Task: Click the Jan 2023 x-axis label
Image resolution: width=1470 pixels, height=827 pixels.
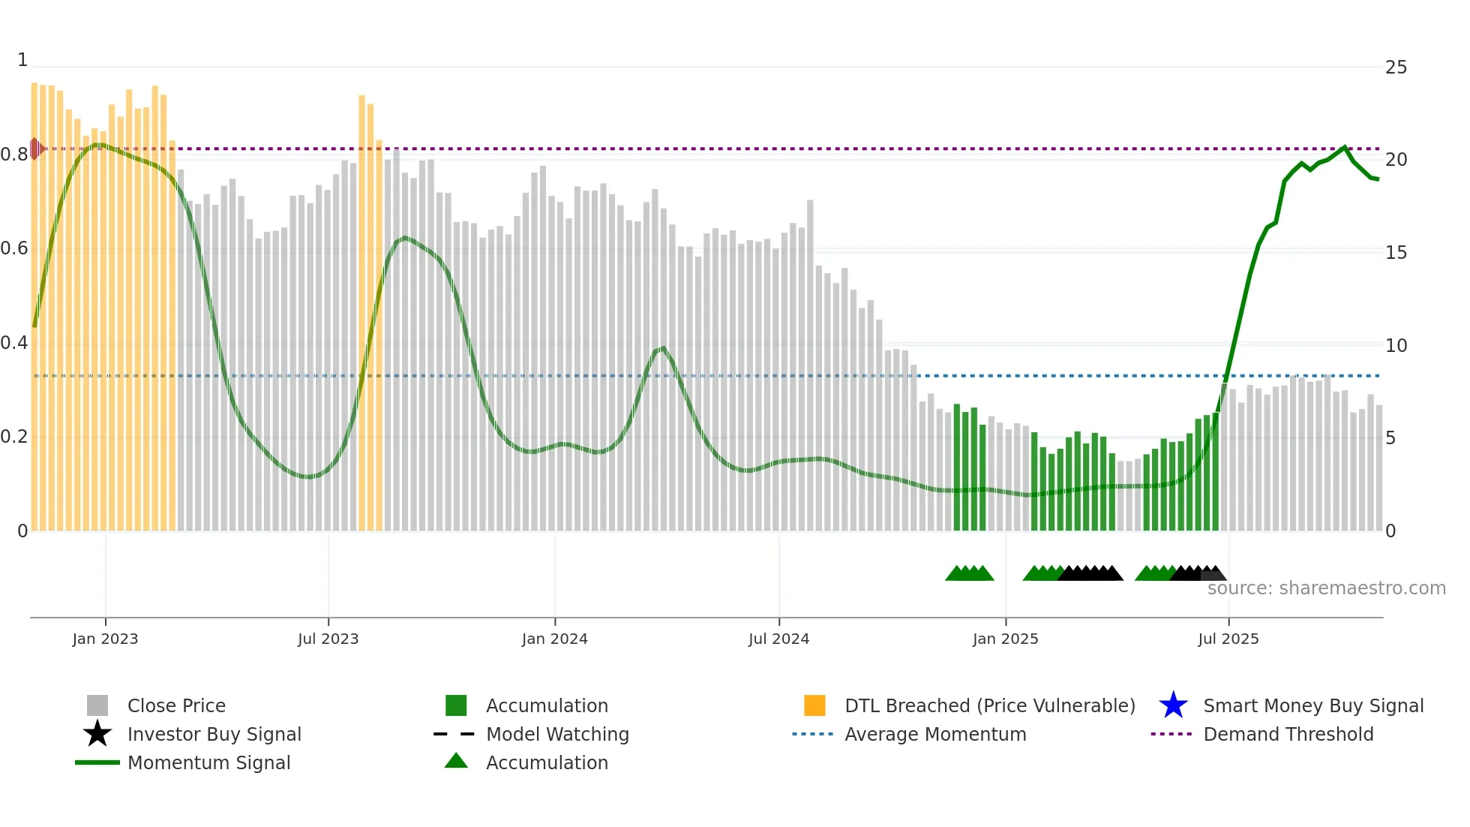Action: pyautogui.click(x=105, y=639)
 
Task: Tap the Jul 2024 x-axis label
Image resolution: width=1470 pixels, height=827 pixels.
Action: pyautogui.click(x=778, y=639)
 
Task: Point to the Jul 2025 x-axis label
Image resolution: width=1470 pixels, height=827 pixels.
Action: pyautogui.click(x=1228, y=639)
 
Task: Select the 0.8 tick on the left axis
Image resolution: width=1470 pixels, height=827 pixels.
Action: pyautogui.click(x=14, y=155)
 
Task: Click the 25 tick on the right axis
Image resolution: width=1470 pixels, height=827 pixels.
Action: pyautogui.click(x=1396, y=68)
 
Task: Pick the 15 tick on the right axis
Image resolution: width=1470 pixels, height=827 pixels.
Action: pyautogui.click(x=1396, y=253)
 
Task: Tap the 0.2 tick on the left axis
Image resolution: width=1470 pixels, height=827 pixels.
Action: pyautogui.click(x=14, y=437)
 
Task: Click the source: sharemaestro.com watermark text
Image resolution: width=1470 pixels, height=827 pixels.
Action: pyautogui.click(x=1326, y=588)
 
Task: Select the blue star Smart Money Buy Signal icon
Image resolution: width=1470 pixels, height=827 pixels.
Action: pyautogui.click(x=1173, y=705)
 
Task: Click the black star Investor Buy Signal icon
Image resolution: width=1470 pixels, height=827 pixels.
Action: pyautogui.click(x=97, y=734)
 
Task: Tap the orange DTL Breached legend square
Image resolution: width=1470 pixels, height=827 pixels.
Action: pyautogui.click(x=814, y=705)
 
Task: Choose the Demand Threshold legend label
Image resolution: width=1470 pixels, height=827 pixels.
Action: pyautogui.click(x=1288, y=734)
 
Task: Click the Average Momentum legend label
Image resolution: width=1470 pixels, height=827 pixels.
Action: pyautogui.click(x=934, y=734)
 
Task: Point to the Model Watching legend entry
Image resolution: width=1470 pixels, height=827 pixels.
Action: pyautogui.click(x=556, y=734)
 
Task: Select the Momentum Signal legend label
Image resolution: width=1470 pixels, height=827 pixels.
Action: pyautogui.click(x=208, y=762)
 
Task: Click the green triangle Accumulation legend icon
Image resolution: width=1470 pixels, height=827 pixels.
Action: pyautogui.click(x=456, y=761)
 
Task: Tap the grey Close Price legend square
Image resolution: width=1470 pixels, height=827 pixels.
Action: pyautogui.click(x=97, y=705)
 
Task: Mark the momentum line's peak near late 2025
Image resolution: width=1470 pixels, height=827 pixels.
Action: pyautogui.click(x=1344, y=147)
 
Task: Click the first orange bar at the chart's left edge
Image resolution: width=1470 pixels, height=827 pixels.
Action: pyautogui.click(x=34, y=300)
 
